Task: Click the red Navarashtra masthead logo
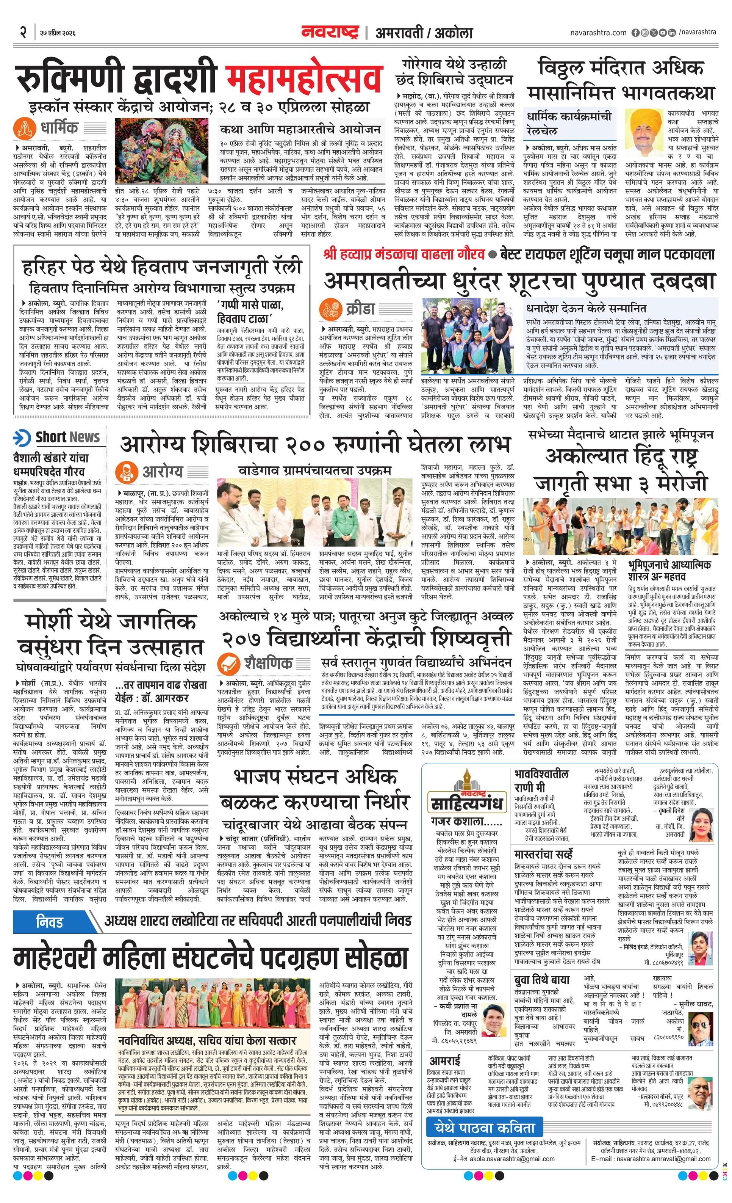click(x=330, y=32)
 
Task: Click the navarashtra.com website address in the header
click(x=598, y=33)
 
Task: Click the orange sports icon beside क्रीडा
click(x=330, y=309)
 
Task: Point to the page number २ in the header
click(x=22, y=32)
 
